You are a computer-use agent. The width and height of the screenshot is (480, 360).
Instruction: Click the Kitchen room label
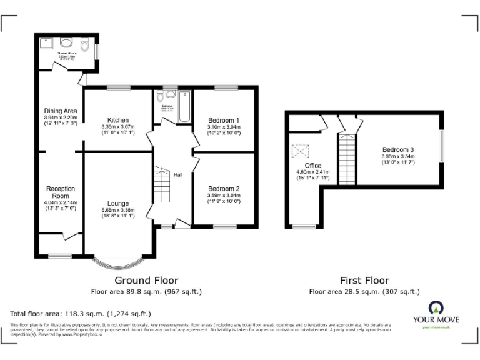pyautogui.click(x=117, y=120)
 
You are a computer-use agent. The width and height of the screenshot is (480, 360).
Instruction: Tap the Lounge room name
pyautogui.click(x=117, y=203)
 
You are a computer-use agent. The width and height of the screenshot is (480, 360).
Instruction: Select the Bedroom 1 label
pyautogui.click(x=224, y=120)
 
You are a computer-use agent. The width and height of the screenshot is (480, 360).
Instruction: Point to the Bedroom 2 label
pyautogui.click(x=224, y=189)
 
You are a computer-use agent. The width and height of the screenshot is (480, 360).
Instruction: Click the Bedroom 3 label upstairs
pyautogui.click(x=398, y=149)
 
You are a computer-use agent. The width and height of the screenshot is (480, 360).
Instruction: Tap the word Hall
pyautogui.click(x=178, y=175)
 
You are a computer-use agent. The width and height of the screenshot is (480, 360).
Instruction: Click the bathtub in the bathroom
pyautogui.click(x=184, y=106)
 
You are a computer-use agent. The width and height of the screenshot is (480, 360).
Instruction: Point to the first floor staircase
pyautogui.click(x=346, y=160)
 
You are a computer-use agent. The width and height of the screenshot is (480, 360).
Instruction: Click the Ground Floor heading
pyautogui.click(x=146, y=281)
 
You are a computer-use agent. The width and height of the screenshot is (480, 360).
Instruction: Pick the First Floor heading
pyautogui.click(x=364, y=281)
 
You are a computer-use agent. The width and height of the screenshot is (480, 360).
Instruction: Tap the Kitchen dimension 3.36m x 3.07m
pyautogui.click(x=117, y=127)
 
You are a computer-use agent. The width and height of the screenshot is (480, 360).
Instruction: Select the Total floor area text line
pyautogui.click(x=81, y=314)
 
